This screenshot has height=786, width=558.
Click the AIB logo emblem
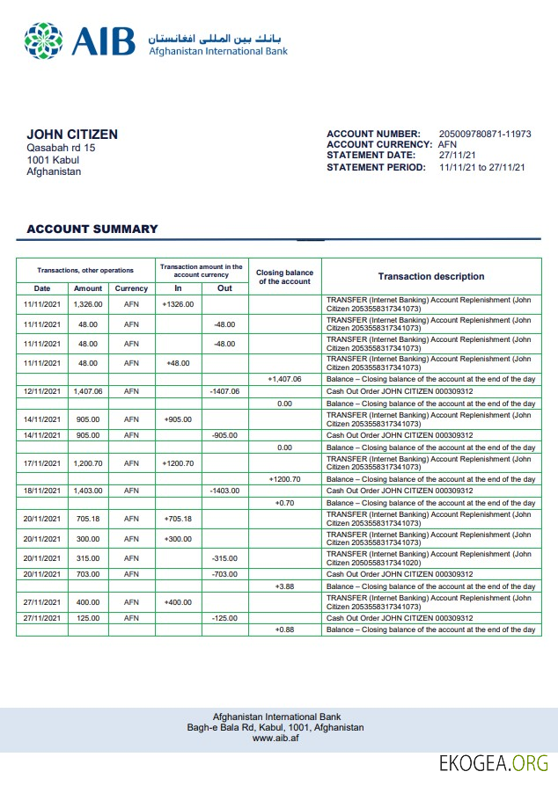coord(44,40)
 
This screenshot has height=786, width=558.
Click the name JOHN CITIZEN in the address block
coord(72,135)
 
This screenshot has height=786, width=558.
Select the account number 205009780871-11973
coord(485,134)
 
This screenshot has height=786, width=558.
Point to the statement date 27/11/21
coord(457,156)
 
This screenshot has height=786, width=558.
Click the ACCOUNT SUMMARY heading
coord(92,229)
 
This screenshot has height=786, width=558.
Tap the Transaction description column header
coord(431,276)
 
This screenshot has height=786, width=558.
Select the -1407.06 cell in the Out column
coord(225,391)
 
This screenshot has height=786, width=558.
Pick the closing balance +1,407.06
coord(284,379)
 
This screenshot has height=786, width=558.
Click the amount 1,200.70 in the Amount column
coord(88,463)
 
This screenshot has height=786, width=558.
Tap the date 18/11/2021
coord(42,491)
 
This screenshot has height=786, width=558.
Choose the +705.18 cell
coord(178,519)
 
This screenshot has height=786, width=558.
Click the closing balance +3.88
coord(284,586)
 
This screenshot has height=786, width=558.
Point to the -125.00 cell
coord(225,618)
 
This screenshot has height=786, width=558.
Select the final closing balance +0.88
coord(284,630)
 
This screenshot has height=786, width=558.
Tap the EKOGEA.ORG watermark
coord(494,761)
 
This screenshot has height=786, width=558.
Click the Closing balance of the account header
coord(284,277)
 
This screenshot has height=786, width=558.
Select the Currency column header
coord(131,288)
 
